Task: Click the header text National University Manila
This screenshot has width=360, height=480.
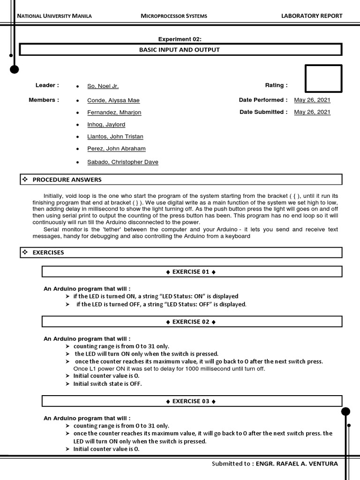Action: [54, 16]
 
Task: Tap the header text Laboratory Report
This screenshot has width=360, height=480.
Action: [312, 16]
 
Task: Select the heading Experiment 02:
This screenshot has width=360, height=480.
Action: [180, 39]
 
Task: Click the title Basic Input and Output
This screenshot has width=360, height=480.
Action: [180, 50]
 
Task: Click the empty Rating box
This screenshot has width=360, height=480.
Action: [323, 79]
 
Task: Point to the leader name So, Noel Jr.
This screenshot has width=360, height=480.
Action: [103, 86]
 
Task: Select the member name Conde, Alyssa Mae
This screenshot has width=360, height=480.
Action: [113, 100]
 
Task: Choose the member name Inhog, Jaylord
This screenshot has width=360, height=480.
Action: [106, 125]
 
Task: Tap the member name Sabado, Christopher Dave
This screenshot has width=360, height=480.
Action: [123, 162]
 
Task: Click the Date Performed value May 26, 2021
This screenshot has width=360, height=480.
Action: [312, 100]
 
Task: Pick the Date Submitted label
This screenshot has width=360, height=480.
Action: [263, 112]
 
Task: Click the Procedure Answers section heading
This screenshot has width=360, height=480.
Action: [67, 180]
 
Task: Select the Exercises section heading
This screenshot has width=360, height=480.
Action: [48, 253]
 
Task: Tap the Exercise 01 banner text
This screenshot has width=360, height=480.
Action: [191, 272]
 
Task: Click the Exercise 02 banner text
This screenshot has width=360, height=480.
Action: [191, 322]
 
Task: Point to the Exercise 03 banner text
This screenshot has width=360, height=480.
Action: [191, 402]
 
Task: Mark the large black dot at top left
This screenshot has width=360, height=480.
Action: [15, 70]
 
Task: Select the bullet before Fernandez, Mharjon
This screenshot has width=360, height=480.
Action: [77, 112]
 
